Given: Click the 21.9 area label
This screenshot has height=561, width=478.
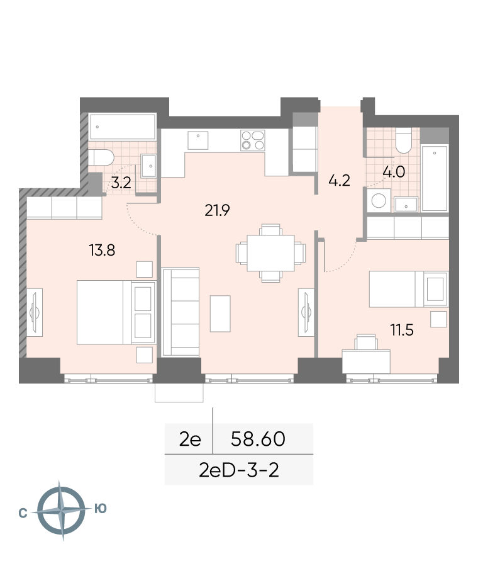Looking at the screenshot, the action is tap(217, 210).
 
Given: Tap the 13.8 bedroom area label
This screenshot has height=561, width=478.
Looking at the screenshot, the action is tap(102, 250).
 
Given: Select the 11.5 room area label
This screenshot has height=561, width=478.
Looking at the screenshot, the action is tap(402, 330).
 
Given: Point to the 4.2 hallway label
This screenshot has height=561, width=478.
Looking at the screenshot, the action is tap(339, 180).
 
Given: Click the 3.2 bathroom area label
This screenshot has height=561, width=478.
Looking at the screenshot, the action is tap(121, 183).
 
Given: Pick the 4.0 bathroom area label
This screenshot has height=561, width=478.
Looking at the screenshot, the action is tap(394, 172).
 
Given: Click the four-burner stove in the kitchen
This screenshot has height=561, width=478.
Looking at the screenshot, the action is tap(253, 140).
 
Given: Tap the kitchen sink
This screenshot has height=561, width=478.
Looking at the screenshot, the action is tap(197, 140).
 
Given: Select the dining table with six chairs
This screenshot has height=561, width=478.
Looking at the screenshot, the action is tap(270, 253).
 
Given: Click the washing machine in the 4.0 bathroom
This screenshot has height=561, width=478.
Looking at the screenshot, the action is tap(379, 200).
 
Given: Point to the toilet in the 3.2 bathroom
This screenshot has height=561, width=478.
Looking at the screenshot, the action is tap(101, 158).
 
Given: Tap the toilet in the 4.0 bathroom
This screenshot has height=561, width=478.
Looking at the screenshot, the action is tap(403, 140).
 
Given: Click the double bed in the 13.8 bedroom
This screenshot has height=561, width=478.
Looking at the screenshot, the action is tap(116, 313).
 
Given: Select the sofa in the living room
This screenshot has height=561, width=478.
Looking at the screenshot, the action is tap(181, 312).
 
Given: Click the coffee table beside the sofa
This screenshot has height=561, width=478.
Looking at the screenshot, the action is tap(220, 314).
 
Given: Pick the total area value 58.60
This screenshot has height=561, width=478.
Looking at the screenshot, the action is tap(258, 439).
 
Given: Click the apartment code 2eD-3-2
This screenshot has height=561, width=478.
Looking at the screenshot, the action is tap(239, 470).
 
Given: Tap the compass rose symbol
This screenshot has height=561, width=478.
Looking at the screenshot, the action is tap(61, 511).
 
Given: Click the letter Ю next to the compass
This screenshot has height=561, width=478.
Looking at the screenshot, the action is tap(101, 508).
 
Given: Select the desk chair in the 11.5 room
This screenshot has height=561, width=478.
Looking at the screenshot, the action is tap(366, 342).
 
